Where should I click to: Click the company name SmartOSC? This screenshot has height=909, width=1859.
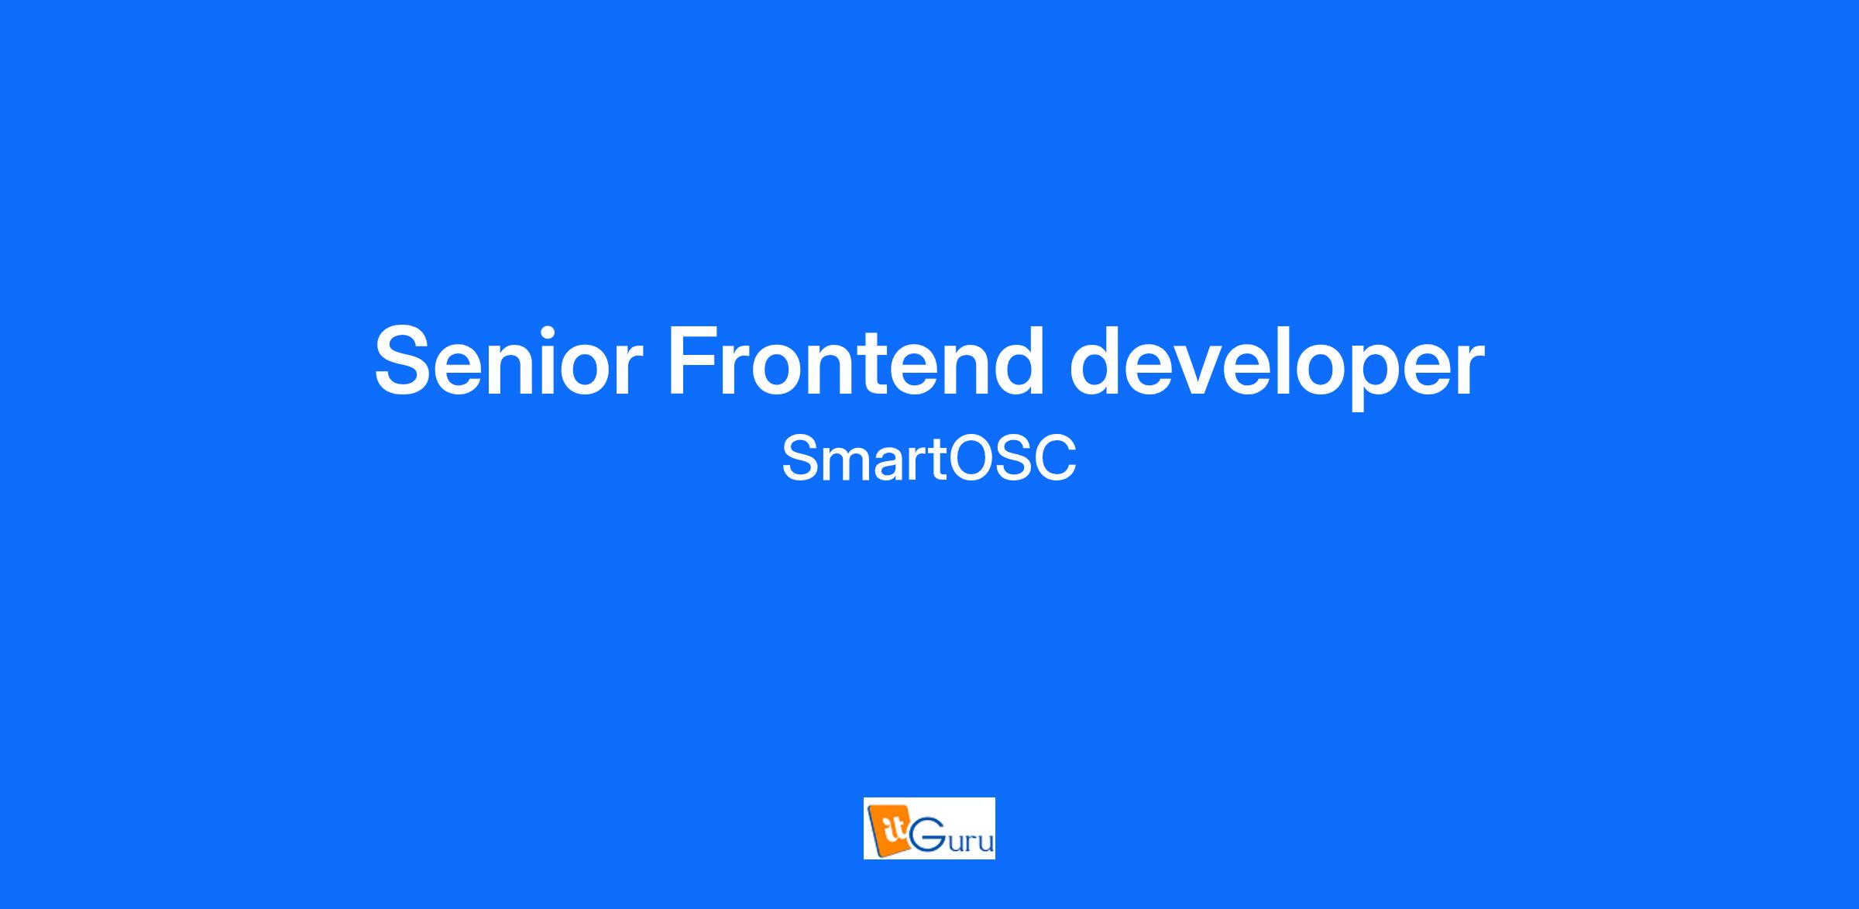click(929, 458)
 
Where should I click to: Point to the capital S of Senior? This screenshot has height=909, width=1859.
click(405, 360)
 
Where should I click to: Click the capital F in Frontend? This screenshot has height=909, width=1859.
click(695, 360)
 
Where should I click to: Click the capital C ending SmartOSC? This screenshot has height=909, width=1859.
click(1054, 458)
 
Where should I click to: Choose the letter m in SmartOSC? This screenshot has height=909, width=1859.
click(848, 463)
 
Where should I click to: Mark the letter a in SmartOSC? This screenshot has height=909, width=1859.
click(892, 464)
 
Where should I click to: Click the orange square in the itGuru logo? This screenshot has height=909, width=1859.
click(888, 832)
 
